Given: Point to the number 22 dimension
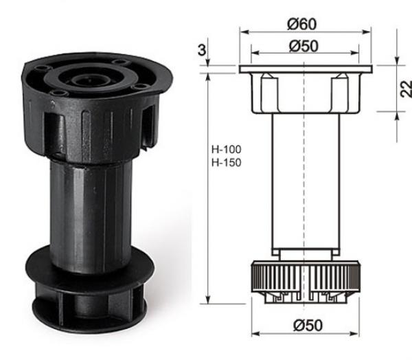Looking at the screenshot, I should [405, 89].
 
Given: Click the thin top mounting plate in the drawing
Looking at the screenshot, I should [305, 69].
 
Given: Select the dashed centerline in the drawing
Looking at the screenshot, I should [304, 206].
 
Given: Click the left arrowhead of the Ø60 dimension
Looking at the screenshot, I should [242, 31].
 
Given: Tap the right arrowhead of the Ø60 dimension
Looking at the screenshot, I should [369, 31].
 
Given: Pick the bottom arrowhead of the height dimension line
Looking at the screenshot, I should [207, 300].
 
